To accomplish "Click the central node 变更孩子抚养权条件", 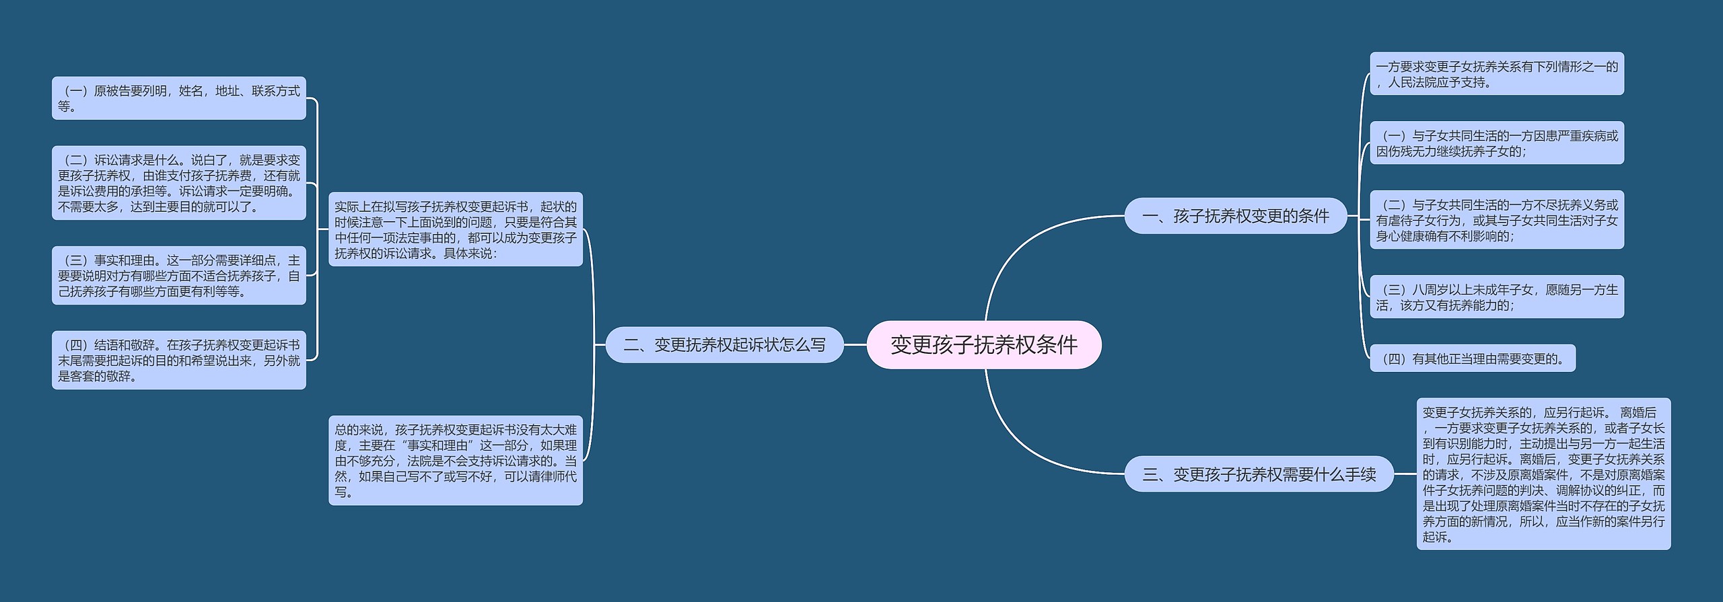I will (983, 344).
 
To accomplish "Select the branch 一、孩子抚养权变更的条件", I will (1235, 216).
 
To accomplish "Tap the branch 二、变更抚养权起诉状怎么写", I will (724, 345).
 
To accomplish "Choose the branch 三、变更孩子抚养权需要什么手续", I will (1259, 474).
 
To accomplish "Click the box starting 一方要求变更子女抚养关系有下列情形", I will (1496, 74).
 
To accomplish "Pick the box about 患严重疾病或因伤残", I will (1496, 143).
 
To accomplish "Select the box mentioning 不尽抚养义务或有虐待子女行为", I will (1496, 220).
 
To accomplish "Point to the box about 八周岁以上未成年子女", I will (1496, 297).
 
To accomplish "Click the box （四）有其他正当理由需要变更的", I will (1472, 359).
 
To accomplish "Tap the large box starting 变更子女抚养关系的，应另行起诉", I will (1543, 474).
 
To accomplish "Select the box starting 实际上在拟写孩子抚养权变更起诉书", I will (455, 229).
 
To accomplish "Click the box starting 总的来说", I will (455, 460).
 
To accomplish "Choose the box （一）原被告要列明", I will (178, 98).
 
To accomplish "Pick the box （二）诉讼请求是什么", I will (178, 183).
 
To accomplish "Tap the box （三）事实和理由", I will (178, 276).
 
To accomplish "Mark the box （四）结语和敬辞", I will (178, 360).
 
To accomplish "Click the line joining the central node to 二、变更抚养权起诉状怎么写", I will (855, 345).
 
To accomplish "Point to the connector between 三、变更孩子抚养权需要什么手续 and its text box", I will (1405, 474).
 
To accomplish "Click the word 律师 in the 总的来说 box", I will (553, 476).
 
